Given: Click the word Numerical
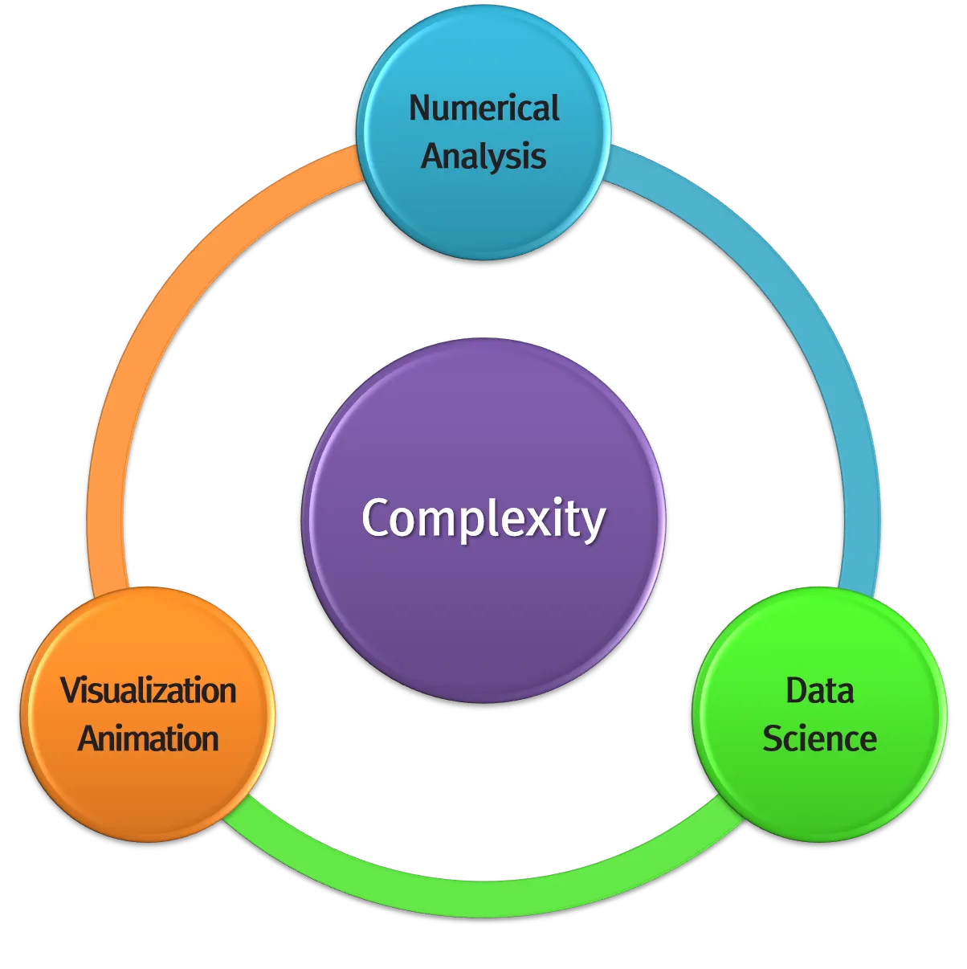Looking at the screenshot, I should tap(483, 108).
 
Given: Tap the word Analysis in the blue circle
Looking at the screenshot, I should tap(483, 156).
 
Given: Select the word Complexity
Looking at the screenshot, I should tap(483, 519).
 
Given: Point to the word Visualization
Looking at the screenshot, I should tap(149, 691).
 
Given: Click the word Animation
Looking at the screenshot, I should tap(149, 738).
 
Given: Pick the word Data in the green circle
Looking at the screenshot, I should tap(819, 691).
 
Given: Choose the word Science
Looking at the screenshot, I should tap(819, 738).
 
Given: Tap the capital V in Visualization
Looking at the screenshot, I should tap(71, 691).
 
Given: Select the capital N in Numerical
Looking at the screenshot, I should tap(420, 108).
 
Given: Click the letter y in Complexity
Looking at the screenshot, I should tap(593, 524).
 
